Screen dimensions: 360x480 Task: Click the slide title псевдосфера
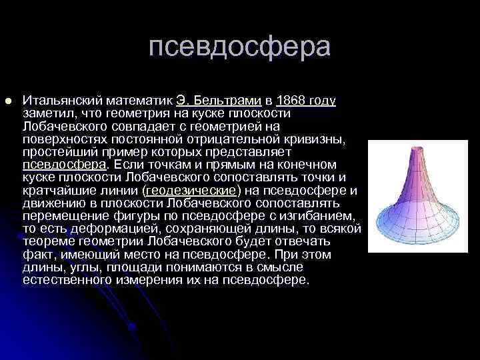coord(239,47)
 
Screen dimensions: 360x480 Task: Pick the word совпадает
coord(181,126)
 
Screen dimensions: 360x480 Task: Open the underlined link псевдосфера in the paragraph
coord(64,164)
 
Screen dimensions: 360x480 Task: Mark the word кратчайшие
coord(56,190)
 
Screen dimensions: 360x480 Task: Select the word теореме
coord(47,241)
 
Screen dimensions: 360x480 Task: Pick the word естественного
coord(66,280)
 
